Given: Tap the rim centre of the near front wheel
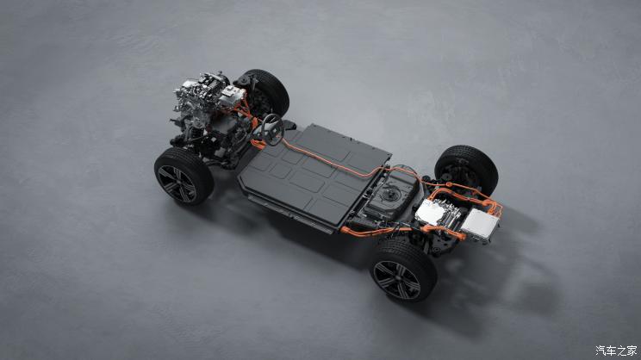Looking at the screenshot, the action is (177, 183).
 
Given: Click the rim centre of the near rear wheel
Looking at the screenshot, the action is (397, 280).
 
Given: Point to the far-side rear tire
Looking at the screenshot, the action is (467, 168).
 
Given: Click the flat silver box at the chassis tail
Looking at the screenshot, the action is (480, 224).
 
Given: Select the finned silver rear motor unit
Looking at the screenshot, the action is (436, 214).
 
